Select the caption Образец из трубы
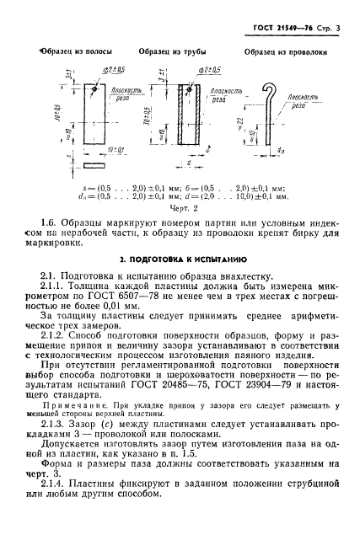click(x=167, y=52)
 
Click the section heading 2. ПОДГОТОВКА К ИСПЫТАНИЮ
click(x=179, y=258)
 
